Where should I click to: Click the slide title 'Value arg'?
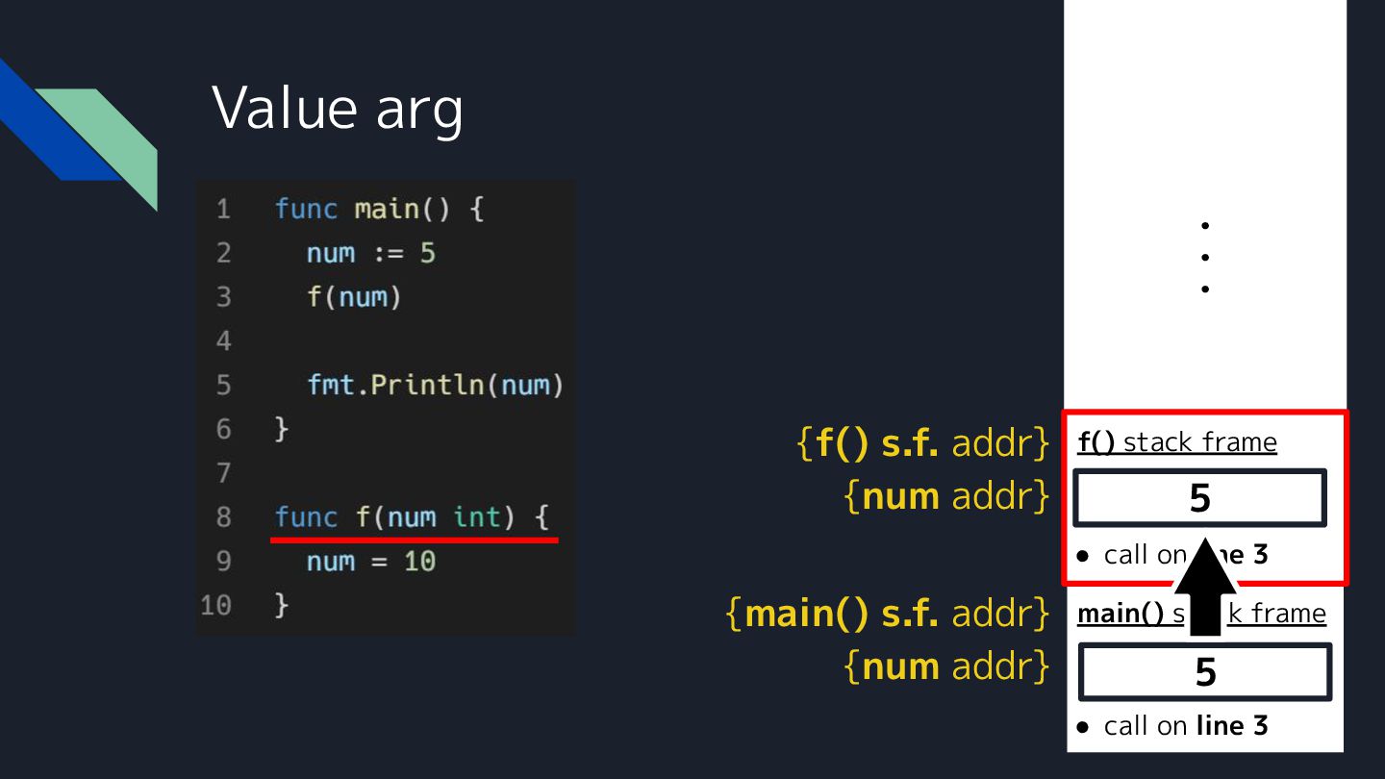click(338, 107)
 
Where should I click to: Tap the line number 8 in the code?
click(223, 517)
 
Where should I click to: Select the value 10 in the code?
click(419, 562)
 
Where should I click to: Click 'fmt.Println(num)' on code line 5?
click(435, 386)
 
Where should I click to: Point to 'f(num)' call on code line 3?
click(353, 297)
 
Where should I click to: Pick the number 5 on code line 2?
click(427, 254)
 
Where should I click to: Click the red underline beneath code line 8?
click(414, 540)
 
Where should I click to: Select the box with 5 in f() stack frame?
click(1199, 498)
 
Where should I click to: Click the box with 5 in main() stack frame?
click(1205, 671)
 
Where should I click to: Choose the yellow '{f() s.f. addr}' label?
click(922, 443)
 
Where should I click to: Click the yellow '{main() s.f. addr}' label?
click(887, 614)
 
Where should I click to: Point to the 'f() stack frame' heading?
click(1177, 442)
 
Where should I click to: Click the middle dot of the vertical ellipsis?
click(1204, 257)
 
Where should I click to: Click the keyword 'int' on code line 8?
click(477, 517)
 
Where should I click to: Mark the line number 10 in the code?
click(216, 606)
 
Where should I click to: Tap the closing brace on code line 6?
click(282, 430)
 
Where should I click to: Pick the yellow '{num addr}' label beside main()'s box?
click(946, 666)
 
